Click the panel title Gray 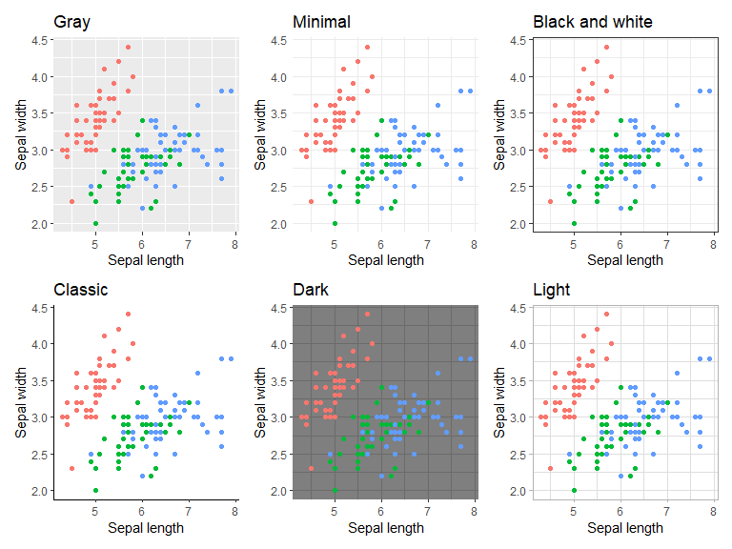[71, 22]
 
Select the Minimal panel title [321, 22]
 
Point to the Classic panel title [81, 290]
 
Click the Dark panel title [310, 290]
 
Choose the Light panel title [552, 290]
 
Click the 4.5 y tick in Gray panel [41, 40]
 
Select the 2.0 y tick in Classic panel [41, 491]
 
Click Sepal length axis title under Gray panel [146, 259]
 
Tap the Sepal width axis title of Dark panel [261, 400]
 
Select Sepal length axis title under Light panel [624, 527]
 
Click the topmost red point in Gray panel [128, 47]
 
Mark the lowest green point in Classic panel [95, 491]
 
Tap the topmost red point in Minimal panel [367, 47]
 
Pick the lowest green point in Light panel [574, 491]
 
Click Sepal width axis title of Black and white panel [500, 132]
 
